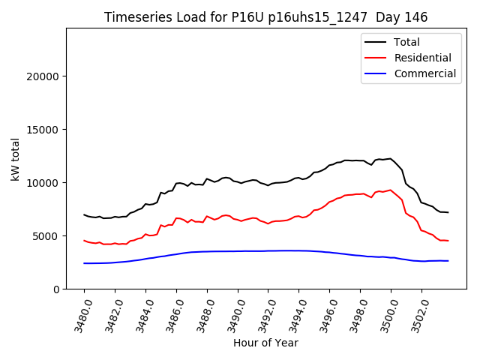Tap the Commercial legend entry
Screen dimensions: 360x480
coord(424,73)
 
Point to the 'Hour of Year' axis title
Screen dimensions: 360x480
coord(266,343)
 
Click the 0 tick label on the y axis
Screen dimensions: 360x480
coord(56,289)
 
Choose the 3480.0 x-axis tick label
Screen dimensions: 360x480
coord(78,313)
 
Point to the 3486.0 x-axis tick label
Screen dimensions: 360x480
coord(170,313)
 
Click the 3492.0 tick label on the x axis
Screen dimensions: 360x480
coord(262,313)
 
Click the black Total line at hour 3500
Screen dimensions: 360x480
coord(391,159)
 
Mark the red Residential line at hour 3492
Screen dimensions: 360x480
coord(268,223)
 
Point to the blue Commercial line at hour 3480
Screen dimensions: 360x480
coord(85,263)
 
